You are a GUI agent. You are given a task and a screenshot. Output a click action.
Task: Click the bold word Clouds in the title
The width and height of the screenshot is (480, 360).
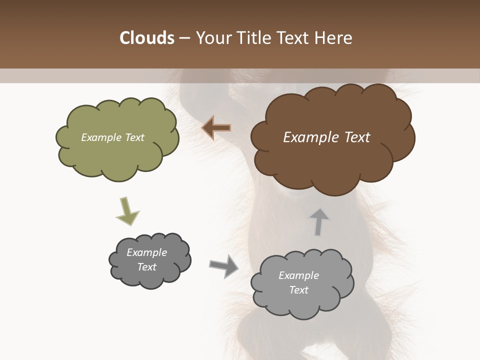pyautogui.click(x=147, y=38)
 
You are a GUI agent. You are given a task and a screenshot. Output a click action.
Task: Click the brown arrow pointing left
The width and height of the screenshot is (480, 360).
pyautogui.click(x=216, y=128)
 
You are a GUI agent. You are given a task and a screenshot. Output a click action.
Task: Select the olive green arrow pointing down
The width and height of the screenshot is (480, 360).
pyautogui.click(x=127, y=211)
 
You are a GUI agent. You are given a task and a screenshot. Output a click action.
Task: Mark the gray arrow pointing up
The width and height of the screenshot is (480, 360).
pyautogui.click(x=318, y=221)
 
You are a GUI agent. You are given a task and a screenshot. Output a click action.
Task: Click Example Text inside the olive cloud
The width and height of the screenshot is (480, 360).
pyautogui.click(x=112, y=137)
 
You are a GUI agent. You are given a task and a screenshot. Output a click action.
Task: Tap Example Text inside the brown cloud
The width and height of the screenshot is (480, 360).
pyautogui.click(x=326, y=137)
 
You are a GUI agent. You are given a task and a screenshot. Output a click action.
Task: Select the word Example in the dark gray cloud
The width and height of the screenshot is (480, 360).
pyautogui.click(x=146, y=252)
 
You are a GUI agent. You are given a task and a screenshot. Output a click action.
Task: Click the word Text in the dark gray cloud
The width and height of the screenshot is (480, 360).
pyautogui.click(x=146, y=267)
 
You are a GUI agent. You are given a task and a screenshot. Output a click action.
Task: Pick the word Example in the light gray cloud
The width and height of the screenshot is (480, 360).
pyautogui.click(x=298, y=275)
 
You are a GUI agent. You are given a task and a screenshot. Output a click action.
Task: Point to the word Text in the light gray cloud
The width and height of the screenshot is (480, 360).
pyautogui.click(x=298, y=290)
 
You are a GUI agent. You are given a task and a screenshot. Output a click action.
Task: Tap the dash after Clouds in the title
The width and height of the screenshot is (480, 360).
pyautogui.click(x=183, y=38)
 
